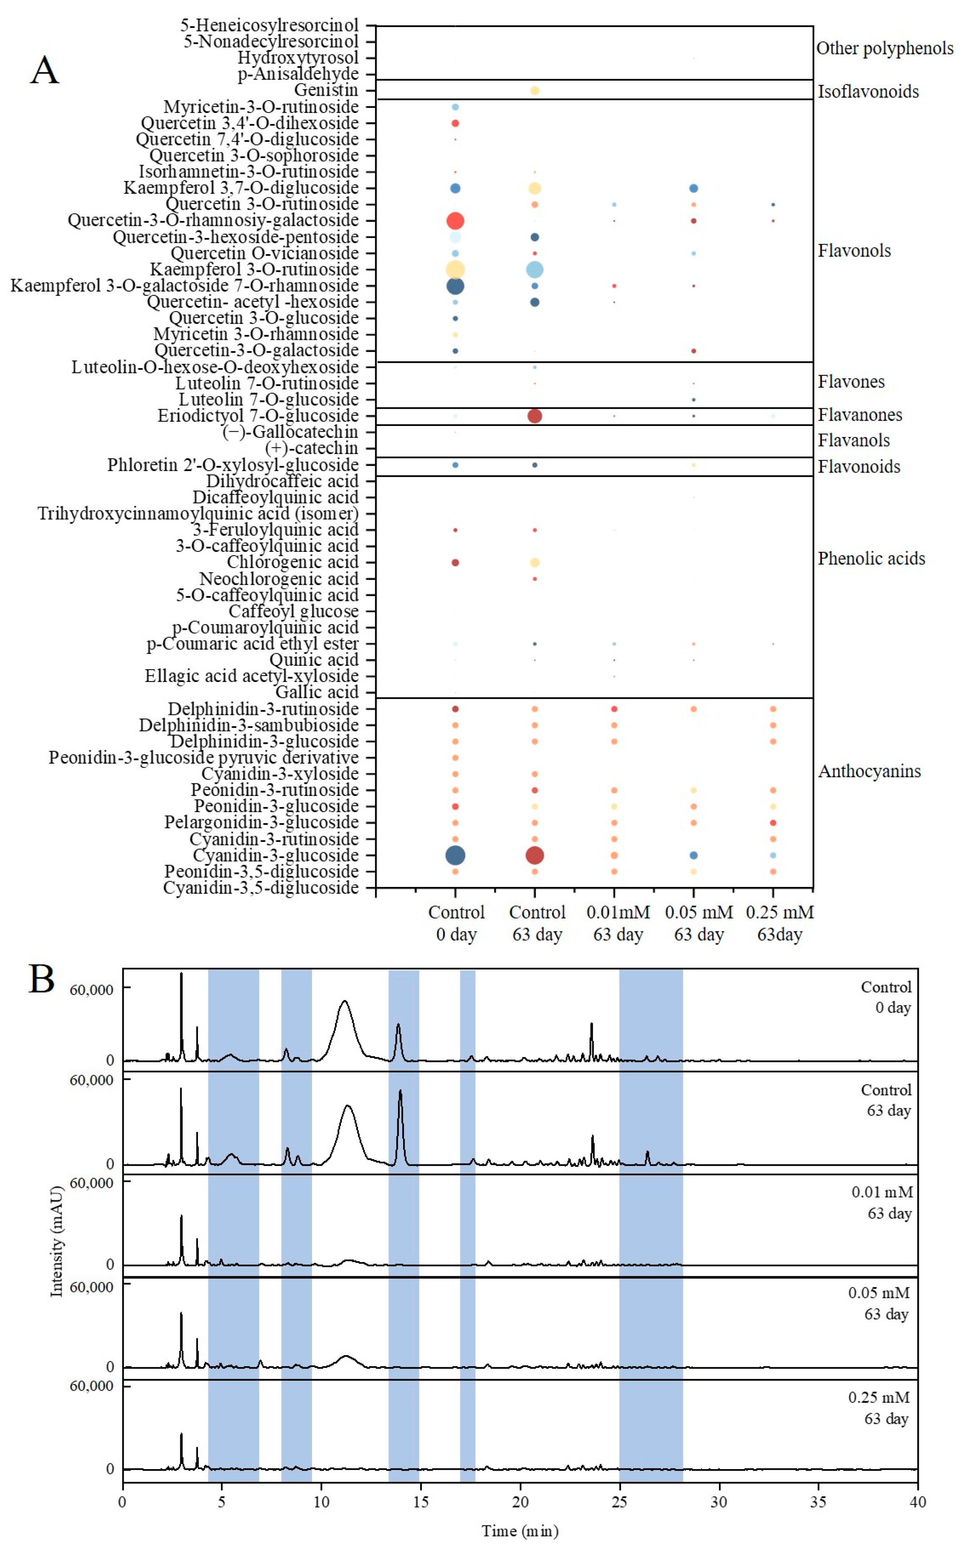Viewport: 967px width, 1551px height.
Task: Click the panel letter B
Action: [x=42, y=979]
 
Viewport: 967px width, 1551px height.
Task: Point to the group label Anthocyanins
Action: [x=869, y=771]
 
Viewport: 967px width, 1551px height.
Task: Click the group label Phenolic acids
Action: [x=871, y=559]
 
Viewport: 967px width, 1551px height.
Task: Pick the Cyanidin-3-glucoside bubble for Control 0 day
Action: [x=455, y=855]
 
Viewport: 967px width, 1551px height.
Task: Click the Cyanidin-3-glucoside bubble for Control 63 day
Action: [x=535, y=855]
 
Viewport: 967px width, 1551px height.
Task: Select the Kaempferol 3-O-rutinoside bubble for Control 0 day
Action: [x=455, y=269]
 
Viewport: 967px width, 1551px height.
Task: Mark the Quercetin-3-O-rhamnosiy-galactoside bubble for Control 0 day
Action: [x=455, y=220]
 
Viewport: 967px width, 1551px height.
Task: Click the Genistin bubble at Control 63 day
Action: [x=535, y=91]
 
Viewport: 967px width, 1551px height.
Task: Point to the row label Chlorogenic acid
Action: [x=292, y=562]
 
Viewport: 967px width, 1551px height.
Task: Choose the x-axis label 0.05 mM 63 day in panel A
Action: [x=698, y=923]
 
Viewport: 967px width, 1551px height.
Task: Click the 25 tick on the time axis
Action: [x=619, y=1502]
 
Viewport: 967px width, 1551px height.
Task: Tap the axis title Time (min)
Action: [x=520, y=1531]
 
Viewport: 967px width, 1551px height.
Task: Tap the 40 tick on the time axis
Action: [x=917, y=1502]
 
